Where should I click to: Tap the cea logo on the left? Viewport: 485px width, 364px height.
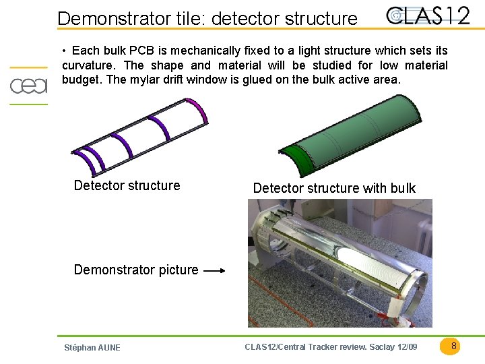pos(28,86)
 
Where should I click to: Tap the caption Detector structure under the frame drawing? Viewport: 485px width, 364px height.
pos(127,185)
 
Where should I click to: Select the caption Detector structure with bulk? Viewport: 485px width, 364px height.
pos(334,188)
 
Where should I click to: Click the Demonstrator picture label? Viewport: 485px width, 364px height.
pos(136,270)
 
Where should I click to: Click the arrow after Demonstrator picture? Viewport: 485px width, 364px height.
pos(214,271)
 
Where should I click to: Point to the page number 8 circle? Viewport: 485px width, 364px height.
pos(454,346)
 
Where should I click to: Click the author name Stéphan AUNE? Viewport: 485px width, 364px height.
pos(92,348)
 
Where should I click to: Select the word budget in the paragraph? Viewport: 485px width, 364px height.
pos(81,80)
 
